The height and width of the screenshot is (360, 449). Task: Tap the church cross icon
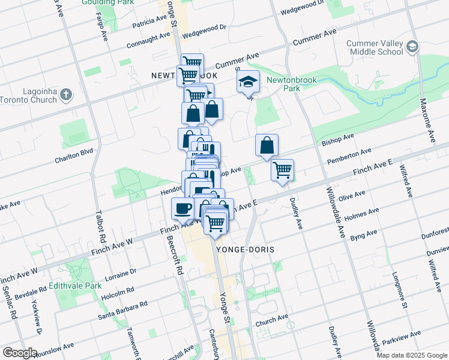[x=66, y=95]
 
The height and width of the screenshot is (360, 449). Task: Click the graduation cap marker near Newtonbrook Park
[x=248, y=82]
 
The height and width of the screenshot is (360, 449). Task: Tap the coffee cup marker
[x=182, y=208]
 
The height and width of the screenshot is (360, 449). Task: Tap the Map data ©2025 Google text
[x=412, y=355]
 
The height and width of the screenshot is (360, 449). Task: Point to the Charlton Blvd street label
[x=74, y=156]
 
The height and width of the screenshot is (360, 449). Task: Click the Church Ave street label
[x=268, y=323]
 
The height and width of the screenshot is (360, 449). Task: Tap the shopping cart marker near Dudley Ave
[x=282, y=170]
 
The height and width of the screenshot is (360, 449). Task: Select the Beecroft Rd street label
[x=175, y=255]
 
